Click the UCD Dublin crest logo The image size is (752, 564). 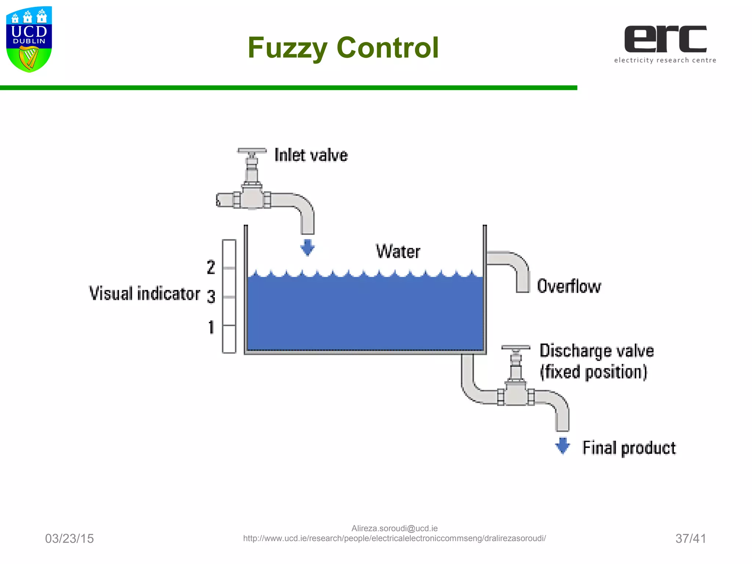point(29,39)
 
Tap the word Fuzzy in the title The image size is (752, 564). point(287,48)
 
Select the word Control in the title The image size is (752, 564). point(387,48)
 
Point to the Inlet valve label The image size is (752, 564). point(311,155)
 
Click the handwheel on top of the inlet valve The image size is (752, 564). point(252,151)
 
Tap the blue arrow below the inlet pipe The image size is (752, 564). point(307,247)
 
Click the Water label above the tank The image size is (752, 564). point(398,252)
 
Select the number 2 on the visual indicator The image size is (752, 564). point(211,267)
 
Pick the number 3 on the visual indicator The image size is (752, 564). point(211,297)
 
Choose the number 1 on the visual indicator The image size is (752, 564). point(211,327)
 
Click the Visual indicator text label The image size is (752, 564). point(145,294)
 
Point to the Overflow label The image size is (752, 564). point(569,286)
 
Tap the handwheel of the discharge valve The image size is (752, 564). point(516,347)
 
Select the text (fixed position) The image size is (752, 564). point(593,372)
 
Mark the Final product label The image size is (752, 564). point(629,448)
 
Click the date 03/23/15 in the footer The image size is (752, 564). point(69,539)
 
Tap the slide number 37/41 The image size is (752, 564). point(691,539)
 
